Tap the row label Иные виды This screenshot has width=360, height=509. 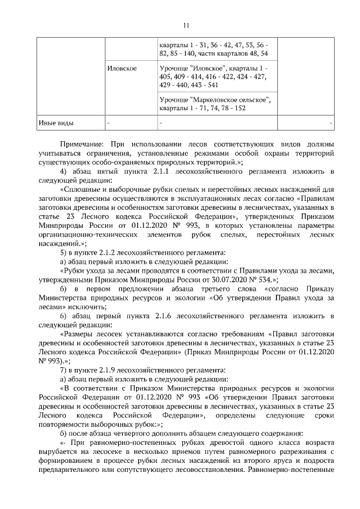tap(55, 122)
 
